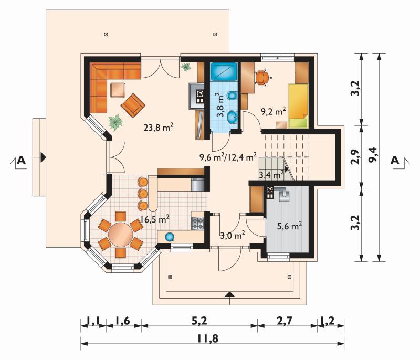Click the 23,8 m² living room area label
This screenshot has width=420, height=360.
[159, 127]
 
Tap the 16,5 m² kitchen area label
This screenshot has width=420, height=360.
[154, 219]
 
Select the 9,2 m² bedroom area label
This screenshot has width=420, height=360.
[273, 111]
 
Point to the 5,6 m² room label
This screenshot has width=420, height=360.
[289, 226]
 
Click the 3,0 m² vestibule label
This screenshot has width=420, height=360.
[233, 235]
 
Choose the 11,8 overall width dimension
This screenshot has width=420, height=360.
[208, 338]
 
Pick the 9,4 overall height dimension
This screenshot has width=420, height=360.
[373, 154]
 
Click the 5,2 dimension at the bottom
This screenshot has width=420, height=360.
[199, 321]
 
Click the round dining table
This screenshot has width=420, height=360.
[121, 235]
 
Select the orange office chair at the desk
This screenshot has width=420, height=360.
[262, 77]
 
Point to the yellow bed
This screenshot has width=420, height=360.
[298, 106]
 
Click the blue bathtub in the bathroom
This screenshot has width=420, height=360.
[224, 71]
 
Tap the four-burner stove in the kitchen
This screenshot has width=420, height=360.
[198, 224]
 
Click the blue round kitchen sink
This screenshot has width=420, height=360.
[170, 237]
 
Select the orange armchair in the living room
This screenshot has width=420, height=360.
[133, 105]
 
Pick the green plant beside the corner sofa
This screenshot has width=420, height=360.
[116, 122]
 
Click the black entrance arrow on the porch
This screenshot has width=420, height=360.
[229, 294]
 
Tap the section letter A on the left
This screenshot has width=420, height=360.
[21, 161]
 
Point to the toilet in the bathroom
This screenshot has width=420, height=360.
[232, 96]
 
